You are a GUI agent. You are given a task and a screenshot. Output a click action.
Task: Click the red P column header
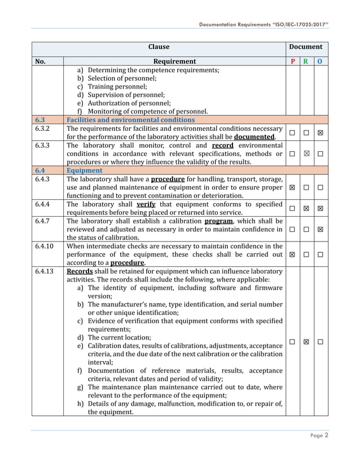[x=292, y=61]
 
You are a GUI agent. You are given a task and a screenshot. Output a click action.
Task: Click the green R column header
[x=306, y=61]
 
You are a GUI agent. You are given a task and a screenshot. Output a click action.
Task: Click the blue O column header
[x=320, y=61]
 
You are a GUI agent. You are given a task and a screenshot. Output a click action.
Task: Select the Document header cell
[x=306, y=47]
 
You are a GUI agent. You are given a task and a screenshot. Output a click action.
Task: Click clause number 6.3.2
[x=43, y=129]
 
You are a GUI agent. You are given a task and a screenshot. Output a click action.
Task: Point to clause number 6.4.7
[x=43, y=221]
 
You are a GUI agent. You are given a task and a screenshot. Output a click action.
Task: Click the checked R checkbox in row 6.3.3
[x=306, y=154]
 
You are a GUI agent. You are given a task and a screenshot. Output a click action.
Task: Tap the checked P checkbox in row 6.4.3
[x=292, y=187]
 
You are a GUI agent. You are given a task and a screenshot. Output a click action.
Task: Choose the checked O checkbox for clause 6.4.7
[x=320, y=230]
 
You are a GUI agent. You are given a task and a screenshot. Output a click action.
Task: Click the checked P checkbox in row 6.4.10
[x=292, y=254]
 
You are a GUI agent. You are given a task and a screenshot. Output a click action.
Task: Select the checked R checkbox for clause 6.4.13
[x=306, y=342]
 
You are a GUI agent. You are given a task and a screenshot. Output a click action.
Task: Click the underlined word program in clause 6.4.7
[x=218, y=221]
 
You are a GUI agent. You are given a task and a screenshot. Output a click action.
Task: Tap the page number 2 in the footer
[x=326, y=435]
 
